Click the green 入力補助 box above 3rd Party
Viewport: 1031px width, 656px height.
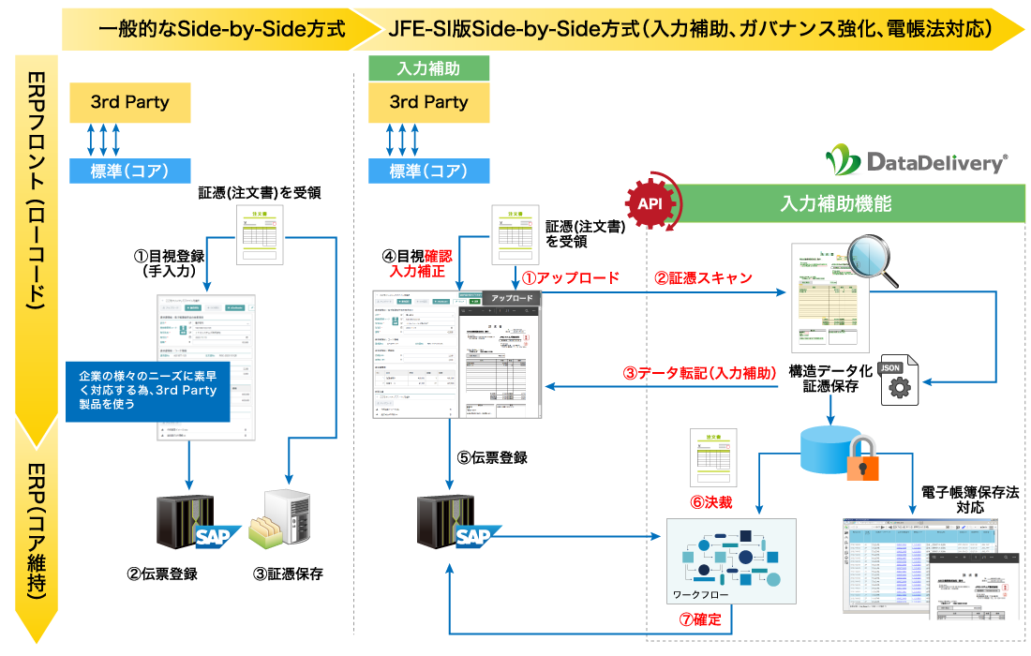(428, 68)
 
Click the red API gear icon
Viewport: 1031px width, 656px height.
(651, 202)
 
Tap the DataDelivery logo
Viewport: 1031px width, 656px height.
(916, 162)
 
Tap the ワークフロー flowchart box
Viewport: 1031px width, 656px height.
(730, 561)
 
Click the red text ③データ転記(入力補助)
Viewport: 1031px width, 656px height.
(700, 372)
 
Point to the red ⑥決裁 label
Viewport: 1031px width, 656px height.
(710, 501)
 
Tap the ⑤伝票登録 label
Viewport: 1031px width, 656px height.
(492, 457)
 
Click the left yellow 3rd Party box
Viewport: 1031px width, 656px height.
(130, 101)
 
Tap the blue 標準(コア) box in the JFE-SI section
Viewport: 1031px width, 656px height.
(428, 171)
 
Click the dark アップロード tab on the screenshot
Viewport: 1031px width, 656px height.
(512, 298)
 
